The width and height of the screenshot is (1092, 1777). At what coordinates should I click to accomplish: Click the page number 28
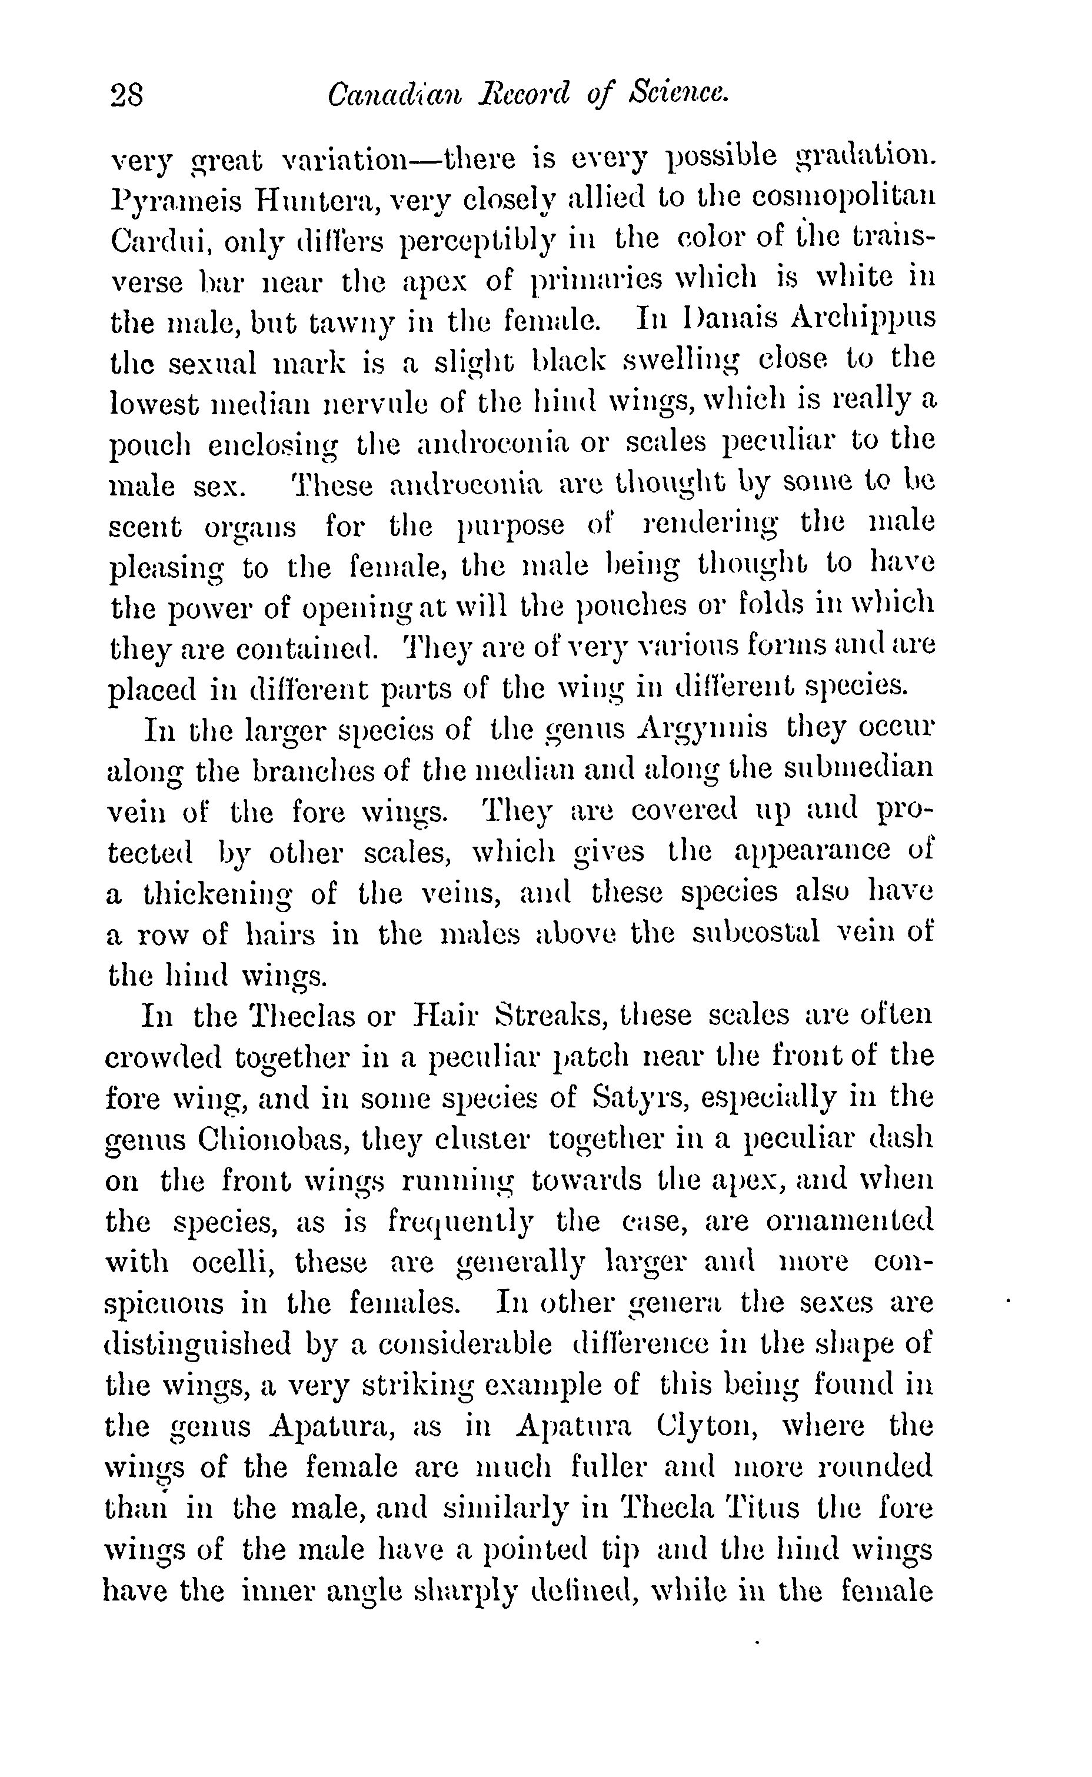(127, 95)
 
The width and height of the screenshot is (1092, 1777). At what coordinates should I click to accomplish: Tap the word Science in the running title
(678, 95)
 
